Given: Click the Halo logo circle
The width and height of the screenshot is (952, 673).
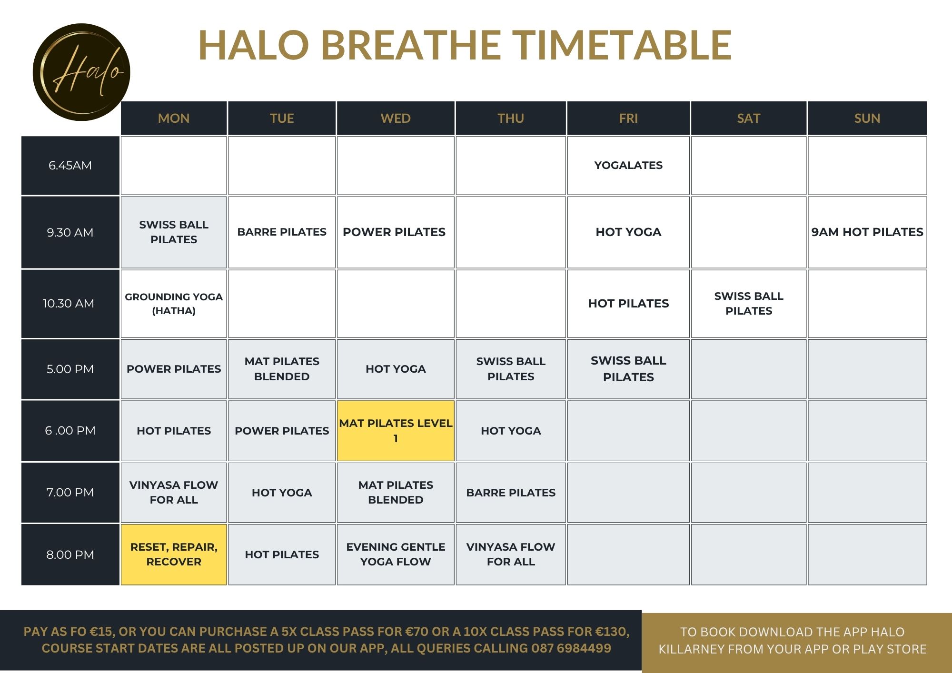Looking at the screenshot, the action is click(81, 72).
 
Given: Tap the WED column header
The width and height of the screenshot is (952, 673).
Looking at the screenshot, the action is click(396, 118).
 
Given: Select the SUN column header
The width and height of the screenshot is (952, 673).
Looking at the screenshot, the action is click(867, 118).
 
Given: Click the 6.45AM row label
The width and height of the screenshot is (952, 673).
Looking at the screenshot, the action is click(70, 166).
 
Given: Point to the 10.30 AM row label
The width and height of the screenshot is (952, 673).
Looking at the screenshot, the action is click(70, 304).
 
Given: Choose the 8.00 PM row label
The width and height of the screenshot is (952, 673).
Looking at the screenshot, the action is click(70, 554).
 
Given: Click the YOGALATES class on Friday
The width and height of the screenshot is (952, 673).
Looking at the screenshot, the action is click(628, 166).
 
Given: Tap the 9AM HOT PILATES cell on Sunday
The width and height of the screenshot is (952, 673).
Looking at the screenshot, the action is click(867, 232).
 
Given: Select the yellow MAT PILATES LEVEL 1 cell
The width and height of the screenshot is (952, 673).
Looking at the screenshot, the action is click(396, 431).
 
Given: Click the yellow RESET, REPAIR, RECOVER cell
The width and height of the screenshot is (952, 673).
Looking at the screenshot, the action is click(174, 554).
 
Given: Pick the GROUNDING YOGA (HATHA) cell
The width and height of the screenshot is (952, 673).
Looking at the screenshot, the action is click(174, 304).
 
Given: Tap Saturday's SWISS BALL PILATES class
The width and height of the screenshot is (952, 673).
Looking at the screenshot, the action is click(749, 304).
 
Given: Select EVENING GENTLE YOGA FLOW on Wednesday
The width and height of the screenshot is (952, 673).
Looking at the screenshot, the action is click(396, 554).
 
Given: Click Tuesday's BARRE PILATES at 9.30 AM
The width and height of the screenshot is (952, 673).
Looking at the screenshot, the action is click(282, 232).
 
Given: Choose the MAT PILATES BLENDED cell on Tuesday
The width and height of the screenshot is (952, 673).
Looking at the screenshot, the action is click(282, 369).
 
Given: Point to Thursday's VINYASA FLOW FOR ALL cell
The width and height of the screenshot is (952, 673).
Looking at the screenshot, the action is click(511, 554).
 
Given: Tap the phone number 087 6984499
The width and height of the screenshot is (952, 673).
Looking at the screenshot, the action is click(571, 648).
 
